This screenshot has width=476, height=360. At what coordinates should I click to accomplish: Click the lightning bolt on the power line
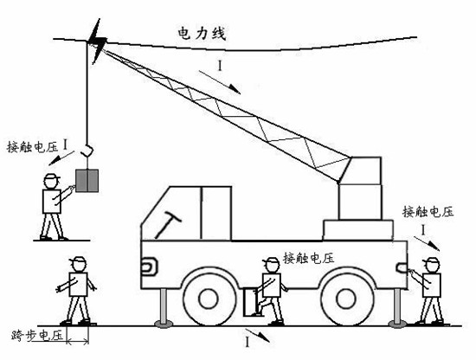97,41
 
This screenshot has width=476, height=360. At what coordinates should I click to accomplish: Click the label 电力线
202,34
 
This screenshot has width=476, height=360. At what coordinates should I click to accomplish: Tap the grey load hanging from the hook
87,181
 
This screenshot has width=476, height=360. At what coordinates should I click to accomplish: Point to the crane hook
87,150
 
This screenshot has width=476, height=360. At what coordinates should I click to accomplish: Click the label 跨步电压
37,336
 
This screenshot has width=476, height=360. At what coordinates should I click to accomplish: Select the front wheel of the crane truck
209,299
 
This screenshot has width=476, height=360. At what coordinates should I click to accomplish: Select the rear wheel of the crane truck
346,299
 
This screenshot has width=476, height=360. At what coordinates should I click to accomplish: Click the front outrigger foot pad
164,324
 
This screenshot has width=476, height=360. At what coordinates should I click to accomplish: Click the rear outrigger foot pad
397,325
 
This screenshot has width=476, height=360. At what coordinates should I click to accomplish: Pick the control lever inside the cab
168,225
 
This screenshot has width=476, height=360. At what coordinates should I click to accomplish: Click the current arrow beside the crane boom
220,82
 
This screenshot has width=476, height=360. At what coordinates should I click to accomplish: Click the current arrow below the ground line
257,335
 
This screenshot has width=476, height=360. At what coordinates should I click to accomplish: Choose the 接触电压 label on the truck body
309,259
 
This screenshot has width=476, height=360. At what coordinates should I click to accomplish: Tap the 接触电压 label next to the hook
33,147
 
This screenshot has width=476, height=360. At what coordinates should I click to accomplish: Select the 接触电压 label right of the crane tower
428,212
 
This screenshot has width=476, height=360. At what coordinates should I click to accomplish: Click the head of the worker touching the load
51,181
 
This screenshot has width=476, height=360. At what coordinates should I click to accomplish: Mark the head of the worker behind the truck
431,265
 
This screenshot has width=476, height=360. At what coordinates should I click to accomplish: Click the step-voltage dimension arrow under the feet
78,342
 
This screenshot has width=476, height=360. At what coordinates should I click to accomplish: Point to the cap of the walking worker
78,260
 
